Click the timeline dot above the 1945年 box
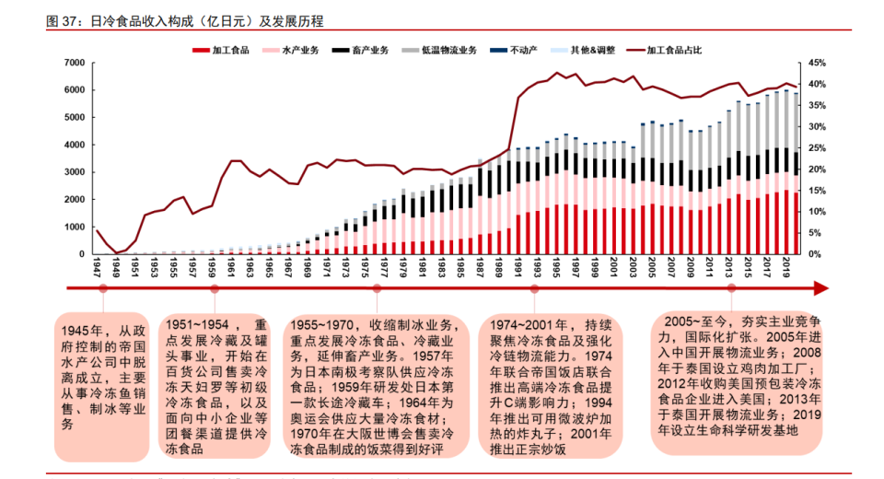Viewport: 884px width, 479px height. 103,288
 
